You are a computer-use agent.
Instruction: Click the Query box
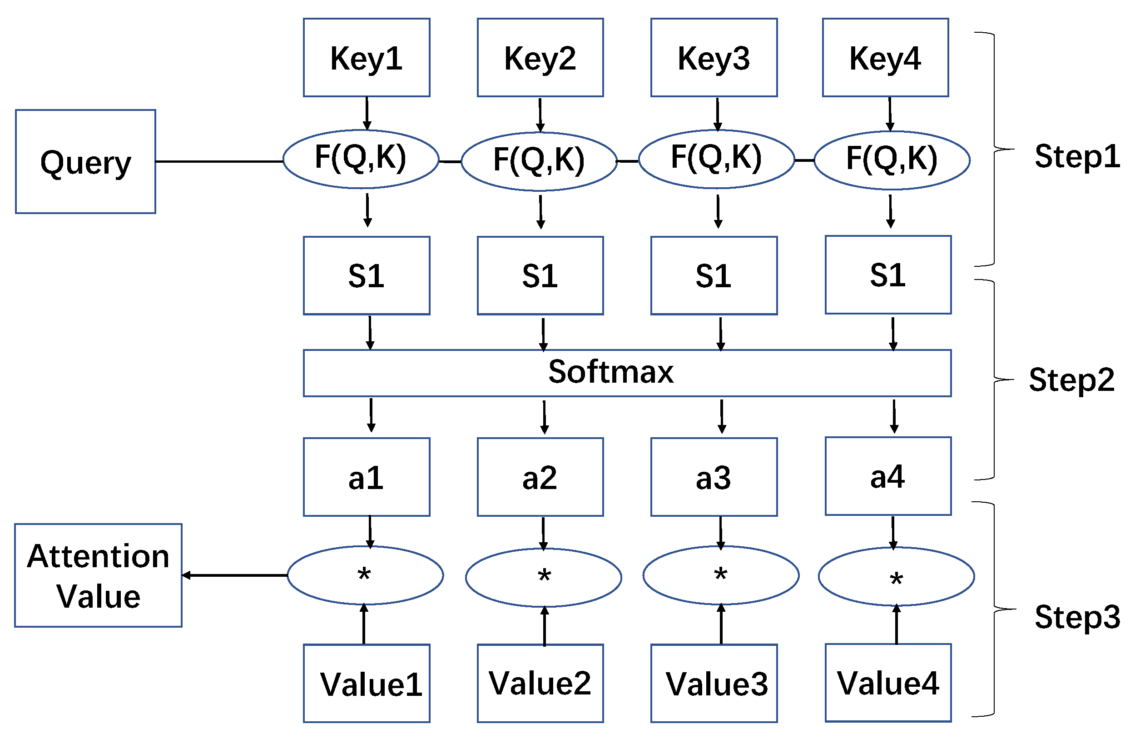coord(85,161)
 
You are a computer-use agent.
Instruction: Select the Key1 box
coord(367,58)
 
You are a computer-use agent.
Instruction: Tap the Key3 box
coord(714,58)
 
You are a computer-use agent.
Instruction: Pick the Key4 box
coord(885,58)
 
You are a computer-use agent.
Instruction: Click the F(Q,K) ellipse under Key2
coord(539,161)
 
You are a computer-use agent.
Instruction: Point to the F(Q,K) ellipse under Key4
coord(892,160)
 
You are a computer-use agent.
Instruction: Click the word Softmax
coord(610,372)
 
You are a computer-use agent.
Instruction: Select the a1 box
coord(367,477)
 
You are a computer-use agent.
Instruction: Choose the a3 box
coord(714,477)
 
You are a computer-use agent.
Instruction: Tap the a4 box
coord(888,476)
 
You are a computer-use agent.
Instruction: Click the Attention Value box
coord(98,575)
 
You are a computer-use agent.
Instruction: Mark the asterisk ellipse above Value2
coord(543,578)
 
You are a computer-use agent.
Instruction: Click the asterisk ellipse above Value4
coord(896,577)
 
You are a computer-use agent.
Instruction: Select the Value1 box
coord(367,684)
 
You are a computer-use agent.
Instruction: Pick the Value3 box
coord(714,684)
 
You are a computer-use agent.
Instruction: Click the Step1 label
coord(1077,156)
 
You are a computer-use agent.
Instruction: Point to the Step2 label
coord(1071,380)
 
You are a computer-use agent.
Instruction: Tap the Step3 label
coord(1077,617)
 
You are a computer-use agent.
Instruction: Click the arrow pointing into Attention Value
coord(235,575)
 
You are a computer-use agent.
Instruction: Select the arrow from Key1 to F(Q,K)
coord(367,114)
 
